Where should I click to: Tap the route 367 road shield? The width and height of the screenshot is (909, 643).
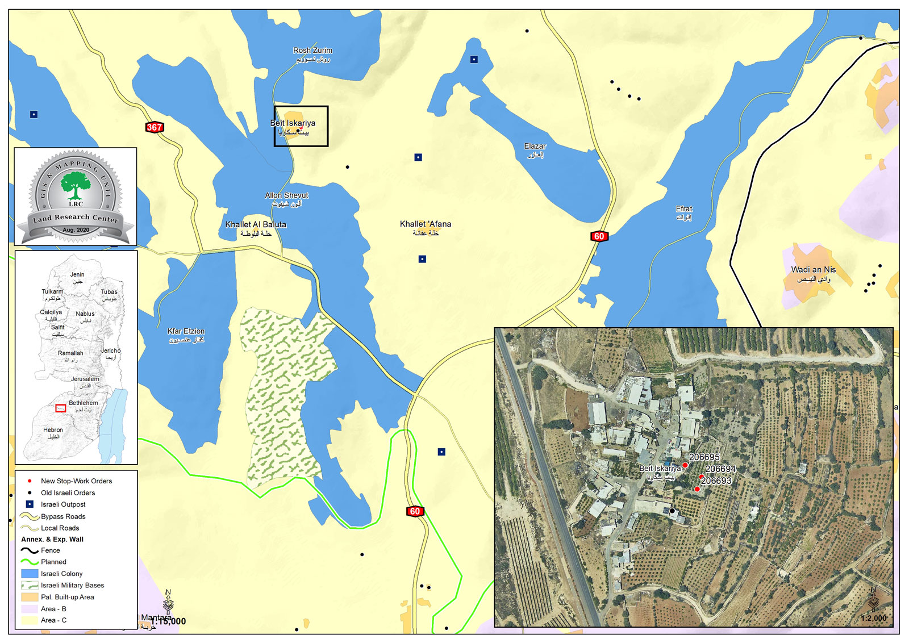tap(155, 127)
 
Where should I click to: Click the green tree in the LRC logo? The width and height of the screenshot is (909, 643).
tap(76, 185)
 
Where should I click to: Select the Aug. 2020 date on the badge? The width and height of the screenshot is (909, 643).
tap(76, 230)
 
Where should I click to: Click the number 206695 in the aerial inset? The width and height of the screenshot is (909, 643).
tap(704, 457)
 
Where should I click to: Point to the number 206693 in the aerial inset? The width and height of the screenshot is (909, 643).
tap(716, 481)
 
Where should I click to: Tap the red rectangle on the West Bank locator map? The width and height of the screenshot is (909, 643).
tap(60, 408)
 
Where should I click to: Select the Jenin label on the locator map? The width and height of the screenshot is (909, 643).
tap(77, 274)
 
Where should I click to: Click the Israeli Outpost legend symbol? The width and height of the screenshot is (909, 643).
tap(30, 504)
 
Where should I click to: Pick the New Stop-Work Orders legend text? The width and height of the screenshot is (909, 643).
tap(76, 481)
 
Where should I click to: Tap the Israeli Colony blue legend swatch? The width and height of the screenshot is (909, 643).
tap(30, 574)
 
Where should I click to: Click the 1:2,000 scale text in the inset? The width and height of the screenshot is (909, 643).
tap(873, 618)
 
